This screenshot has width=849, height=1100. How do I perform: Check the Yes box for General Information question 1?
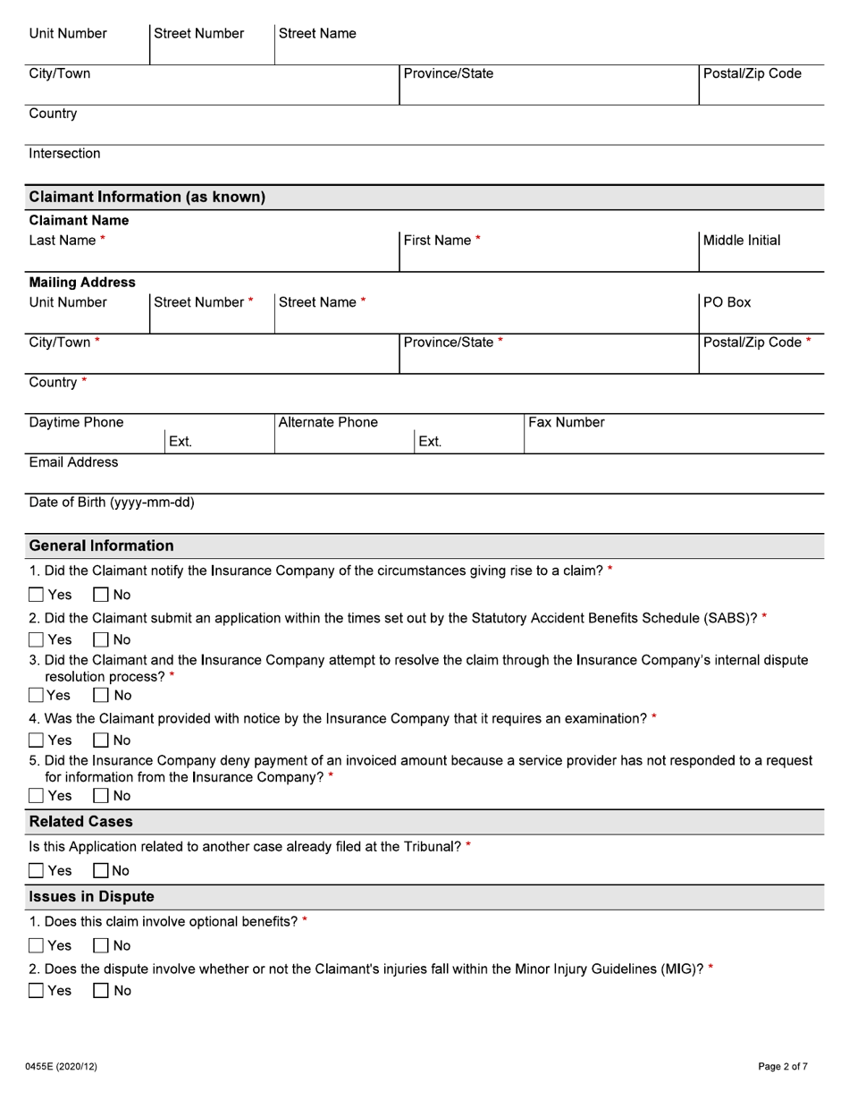pos(37,595)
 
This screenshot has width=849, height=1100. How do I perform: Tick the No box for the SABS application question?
pos(101,639)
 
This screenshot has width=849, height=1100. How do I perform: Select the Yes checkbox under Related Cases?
pos(37,870)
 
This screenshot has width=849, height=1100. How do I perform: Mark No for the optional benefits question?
pos(101,945)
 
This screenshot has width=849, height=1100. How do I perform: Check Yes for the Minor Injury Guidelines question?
pos(37,990)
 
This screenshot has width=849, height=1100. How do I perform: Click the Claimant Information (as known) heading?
pos(147,197)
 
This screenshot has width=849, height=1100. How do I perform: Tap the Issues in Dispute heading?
pos(91,896)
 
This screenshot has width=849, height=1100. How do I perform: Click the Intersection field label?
pos(64,154)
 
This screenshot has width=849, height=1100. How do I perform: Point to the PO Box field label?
pos(727,302)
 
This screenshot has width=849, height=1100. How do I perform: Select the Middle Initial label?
pos(741,241)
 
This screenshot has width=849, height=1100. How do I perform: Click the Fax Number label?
pos(567,422)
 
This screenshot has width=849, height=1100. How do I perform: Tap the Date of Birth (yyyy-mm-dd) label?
pos(112,503)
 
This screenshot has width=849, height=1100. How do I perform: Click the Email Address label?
pos(73,462)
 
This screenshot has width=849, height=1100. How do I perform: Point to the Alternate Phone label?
pos(328,422)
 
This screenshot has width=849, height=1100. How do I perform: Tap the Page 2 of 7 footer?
pos(783,1066)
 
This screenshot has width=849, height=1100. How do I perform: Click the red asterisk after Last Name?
pos(103,241)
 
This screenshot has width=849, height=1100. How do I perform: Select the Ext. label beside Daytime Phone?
pos(180,442)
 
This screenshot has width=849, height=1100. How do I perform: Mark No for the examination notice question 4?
pos(101,740)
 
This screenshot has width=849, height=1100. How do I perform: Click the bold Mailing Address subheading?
pos(82,283)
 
